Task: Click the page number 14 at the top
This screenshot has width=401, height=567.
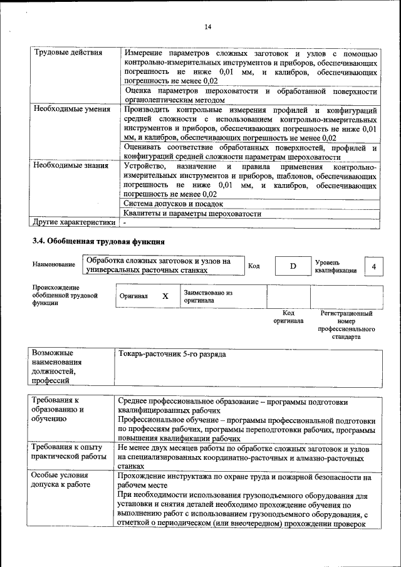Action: (x=208, y=26)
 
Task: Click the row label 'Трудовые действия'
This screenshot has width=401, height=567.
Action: (x=68, y=53)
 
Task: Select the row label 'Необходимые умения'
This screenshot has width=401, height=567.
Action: (x=71, y=109)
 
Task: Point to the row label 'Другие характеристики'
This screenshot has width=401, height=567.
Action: (x=74, y=222)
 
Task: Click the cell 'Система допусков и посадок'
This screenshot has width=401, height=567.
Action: (x=173, y=204)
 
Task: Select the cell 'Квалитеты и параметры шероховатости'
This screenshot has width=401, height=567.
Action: (x=192, y=213)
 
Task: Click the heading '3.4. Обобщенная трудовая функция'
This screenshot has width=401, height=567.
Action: (x=98, y=241)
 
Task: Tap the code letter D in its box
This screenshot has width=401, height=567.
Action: (x=293, y=266)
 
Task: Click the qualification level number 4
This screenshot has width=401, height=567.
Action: (x=374, y=267)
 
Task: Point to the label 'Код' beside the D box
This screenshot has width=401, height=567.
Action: (x=254, y=266)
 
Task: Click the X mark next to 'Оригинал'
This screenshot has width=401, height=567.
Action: (x=165, y=296)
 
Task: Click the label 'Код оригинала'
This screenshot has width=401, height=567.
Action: (x=288, y=316)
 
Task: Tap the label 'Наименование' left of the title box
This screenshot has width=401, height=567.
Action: (x=53, y=265)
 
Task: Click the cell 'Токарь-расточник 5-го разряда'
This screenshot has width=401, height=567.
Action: (x=172, y=355)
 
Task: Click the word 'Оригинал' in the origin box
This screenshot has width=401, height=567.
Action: (x=133, y=296)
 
